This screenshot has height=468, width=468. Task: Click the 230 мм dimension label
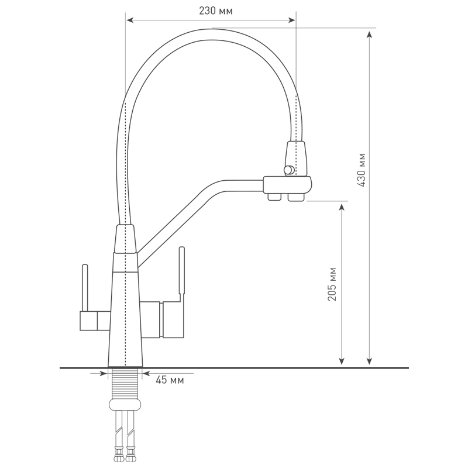click(x=215, y=11)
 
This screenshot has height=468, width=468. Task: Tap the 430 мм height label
click(x=362, y=170)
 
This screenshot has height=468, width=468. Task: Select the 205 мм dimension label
click(x=332, y=284)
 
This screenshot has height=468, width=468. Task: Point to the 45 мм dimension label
click(x=170, y=380)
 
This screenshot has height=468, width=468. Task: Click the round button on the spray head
click(x=288, y=170)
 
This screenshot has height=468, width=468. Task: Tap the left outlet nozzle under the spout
click(x=274, y=197)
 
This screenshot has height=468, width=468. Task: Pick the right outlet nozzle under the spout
click(x=296, y=197)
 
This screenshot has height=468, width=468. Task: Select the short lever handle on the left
click(x=85, y=288)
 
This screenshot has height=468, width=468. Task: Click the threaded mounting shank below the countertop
click(x=125, y=383)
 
